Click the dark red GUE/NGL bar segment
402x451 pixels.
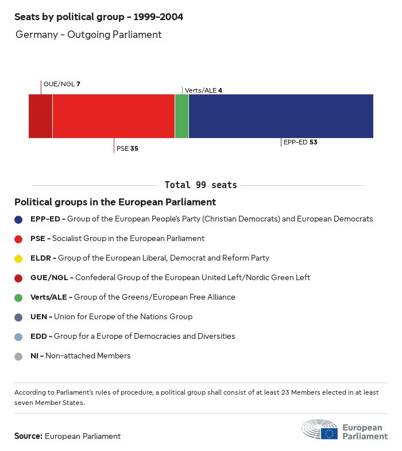click(x=41, y=116)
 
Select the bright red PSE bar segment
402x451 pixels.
click(x=114, y=116)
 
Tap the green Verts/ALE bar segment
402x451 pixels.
click(x=181, y=116)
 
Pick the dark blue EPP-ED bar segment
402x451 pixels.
click(x=281, y=116)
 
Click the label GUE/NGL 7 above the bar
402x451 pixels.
click(x=62, y=84)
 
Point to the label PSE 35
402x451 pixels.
click(x=127, y=148)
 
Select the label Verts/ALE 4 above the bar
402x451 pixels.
click(x=203, y=90)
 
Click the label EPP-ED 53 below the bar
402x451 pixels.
click(x=300, y=142)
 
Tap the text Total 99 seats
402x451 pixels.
click(x=200, y=185)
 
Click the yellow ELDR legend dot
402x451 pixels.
click(x=18, y=258)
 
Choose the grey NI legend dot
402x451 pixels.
click(x=18, y=356)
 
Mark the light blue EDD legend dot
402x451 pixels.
click(x=18, y=337)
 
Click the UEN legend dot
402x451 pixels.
click(x=18, y=317)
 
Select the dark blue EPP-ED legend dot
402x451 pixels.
click(x=18, y=219)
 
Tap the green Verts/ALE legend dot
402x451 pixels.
click(x=18, y=297)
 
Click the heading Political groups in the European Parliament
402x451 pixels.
click(x=115, y=202)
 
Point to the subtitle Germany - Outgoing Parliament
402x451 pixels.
click(x=88, y=35)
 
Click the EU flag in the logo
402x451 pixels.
click(x=330, y=433)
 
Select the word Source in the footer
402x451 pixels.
click(x=28, y=436)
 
